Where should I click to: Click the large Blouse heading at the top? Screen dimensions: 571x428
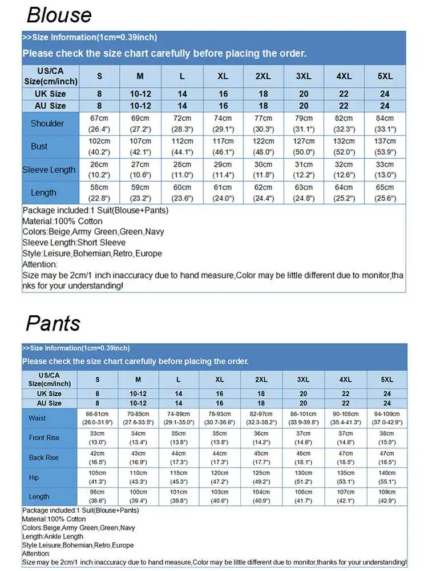[x=59, y=14]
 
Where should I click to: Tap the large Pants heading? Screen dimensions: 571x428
[x=53, y=323]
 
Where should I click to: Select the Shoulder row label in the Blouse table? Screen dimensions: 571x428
[x=47, y=123]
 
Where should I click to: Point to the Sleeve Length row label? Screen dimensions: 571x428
[x=49, y=170]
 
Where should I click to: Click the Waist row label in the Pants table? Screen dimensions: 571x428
[x=38, y=418]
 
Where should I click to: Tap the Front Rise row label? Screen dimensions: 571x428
[x=44, y=437]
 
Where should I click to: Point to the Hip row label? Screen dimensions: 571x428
[x=34, y=477]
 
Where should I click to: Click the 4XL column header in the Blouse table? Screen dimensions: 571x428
[x=344, y=77]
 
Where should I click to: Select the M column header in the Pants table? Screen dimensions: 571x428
[x=138, y=380]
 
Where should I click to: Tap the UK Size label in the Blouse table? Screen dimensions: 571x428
[x=50, y=94]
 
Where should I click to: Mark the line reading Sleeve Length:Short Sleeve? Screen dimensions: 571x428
[x=74, y=243]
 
